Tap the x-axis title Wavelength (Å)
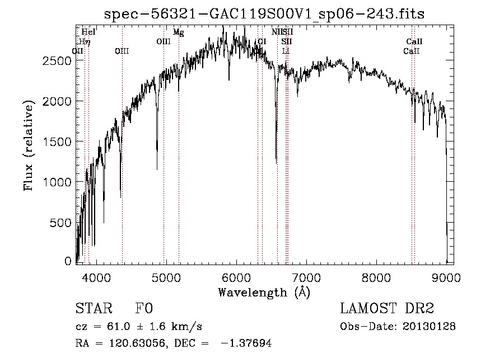(264, 292)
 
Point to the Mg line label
(178, 32)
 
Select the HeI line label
(88, 32)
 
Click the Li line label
(286, 51)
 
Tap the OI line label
(262, 42)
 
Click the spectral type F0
(144, 309)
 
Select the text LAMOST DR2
(387, 309)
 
